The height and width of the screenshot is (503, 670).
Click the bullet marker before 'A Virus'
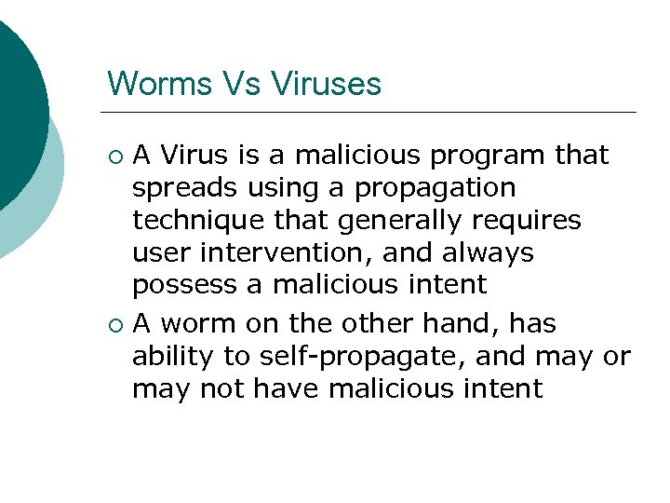(115, 155)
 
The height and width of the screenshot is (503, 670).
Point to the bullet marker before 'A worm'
(115, 324)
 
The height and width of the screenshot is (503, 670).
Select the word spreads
(184, 187)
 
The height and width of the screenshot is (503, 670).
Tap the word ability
(168, 357)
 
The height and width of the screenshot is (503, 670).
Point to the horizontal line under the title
(372, 113)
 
